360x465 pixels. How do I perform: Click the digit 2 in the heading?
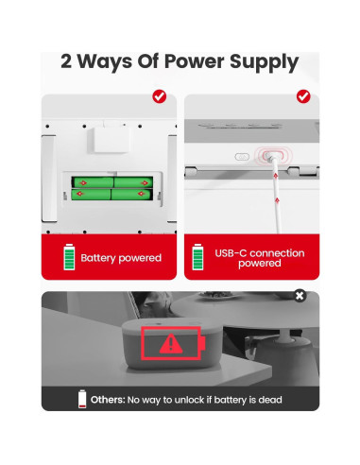[x=66, y=60]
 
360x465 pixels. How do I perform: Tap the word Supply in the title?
[x=264, y=62]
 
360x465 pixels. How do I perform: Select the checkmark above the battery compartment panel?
[x=160, y=96]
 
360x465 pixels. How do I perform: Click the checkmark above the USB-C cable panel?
[x=303, y=96]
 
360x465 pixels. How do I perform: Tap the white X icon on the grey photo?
[x=300, y=296]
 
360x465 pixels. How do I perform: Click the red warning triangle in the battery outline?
[x=171, y=343]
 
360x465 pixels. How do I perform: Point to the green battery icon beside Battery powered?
[x=69, y=257]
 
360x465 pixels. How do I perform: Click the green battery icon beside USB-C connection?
[x=197, y=257]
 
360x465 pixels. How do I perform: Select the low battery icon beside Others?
[x=82, y=399]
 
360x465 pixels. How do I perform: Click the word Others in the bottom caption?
[x=108, y=400]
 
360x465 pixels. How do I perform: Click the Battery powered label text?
[x=121, y=258]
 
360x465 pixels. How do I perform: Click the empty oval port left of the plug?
[x=242, y=157]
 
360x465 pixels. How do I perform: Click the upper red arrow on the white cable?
[x=275, y=175]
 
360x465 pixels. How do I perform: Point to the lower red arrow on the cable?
[x=277, y=200]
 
